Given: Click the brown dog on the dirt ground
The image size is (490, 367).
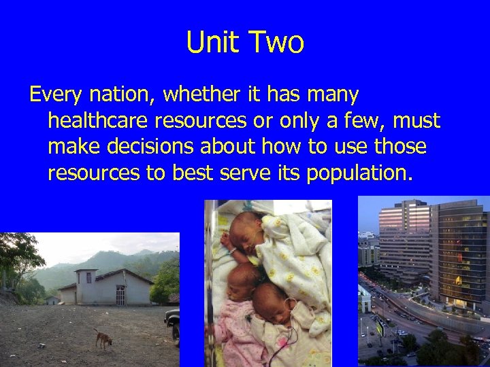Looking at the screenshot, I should coord(103,338).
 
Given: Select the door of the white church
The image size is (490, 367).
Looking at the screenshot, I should coord(120,294).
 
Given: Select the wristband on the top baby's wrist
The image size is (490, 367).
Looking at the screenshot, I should coord(233,250).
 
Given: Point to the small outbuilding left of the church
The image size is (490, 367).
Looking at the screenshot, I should coord(52,300).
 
